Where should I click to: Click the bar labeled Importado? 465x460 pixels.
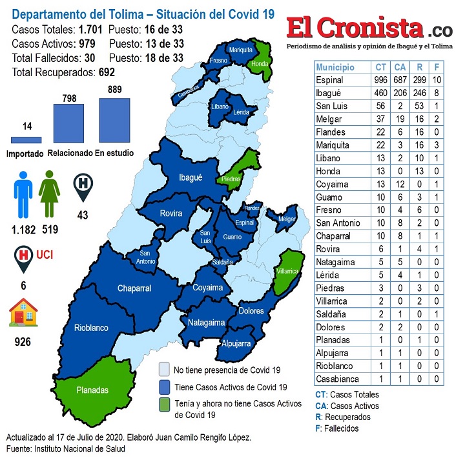26,139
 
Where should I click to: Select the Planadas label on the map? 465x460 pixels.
92,390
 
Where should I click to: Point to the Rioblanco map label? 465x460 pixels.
91,327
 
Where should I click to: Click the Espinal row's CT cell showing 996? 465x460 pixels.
381,81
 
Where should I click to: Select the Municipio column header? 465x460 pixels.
336,67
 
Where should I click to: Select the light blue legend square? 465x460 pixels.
165,370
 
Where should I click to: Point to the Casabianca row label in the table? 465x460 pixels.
337,379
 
